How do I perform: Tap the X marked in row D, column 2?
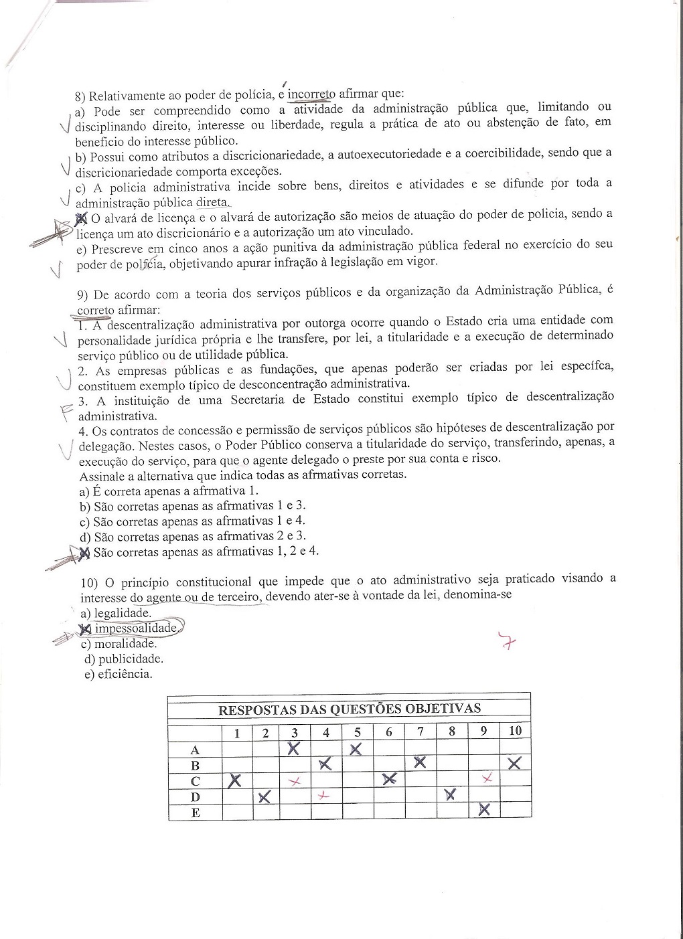coord(264,796)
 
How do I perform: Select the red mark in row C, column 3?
coord(295,781)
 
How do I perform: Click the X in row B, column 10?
coord(514,763)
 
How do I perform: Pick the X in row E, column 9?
coord(484,810)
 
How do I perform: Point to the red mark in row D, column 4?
coord(325,796)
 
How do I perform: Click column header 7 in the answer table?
coord(420,732)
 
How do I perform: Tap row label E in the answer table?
coord(196,813)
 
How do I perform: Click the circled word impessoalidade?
coord(136,628)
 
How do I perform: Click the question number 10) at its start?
coord(89,582)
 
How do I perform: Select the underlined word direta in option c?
coord(212,202)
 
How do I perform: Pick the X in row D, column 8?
coord(450,794)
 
